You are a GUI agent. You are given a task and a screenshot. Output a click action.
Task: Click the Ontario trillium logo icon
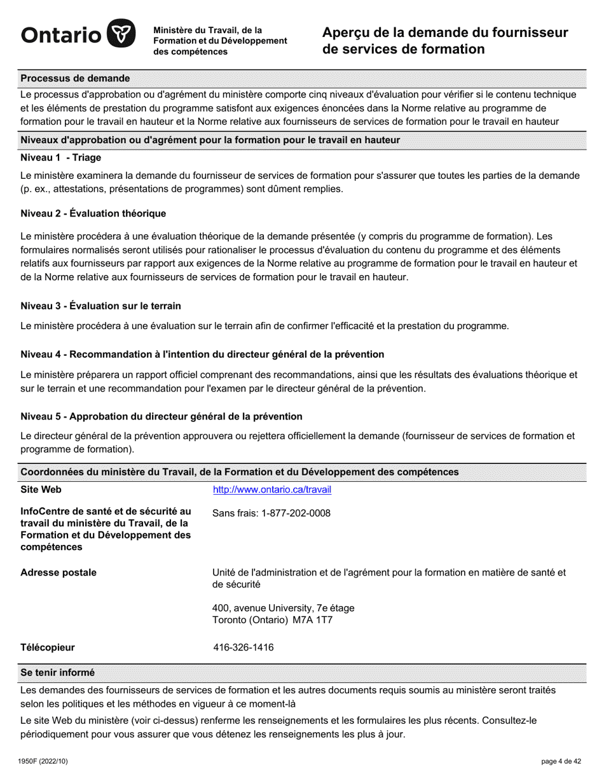pyautogui.click(x=120, y=34)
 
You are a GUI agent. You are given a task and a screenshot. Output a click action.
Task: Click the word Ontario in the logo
pyautogui.click(x=61, y=35)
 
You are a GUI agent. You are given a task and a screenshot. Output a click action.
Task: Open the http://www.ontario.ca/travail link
pyautogui.click(x=271, y=490)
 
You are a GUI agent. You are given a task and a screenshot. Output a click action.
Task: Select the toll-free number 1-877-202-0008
pyautogui.click(x=296, y=513)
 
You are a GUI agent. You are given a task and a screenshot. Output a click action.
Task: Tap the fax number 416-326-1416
pyautogui.click(x=244, y=647)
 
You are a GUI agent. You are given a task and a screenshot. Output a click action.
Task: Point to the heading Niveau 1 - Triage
pyautogui.click(x=60, y=157)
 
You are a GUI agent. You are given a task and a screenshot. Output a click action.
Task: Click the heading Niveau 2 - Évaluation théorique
pyautogui.click(x=93, y=213)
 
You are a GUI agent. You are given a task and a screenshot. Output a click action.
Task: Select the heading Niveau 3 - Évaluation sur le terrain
pyautogui.click(x=100, y=306)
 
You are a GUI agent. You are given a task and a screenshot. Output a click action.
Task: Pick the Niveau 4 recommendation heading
pyautogui.click(x=202, y=354)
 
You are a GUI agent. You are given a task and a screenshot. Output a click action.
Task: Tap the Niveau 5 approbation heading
pyautogui.click(x=161, y=416)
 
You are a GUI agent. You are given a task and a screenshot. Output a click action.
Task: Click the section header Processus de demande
pyautogui.click(x=75, y=78)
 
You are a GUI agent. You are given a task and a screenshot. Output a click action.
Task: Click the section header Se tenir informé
pyautogui.click(x=57, y=672)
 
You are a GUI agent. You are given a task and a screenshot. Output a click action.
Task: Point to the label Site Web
pyautogui.click(x=41, y=490)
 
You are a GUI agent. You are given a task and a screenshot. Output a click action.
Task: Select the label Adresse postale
pyautogui.click(x=58, y=572)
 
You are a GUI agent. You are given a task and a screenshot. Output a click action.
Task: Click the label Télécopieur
pyautogui.click(x=48, y=647)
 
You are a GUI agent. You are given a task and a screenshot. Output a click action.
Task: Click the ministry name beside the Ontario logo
pyautogui.click(x=220, y=41)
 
